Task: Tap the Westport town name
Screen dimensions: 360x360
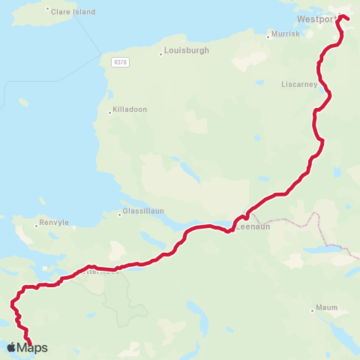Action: pyautogui.click(x=314, y=19)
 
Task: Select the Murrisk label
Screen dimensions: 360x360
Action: pyautogui.click(x=286, y=34)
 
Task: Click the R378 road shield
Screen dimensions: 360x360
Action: pyautogui.click(x=120, y=62)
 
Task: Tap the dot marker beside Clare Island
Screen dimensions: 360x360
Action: pyautogui.click(x=48, y=10)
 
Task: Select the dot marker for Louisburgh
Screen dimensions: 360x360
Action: pyautogui.click(x=161, y=53)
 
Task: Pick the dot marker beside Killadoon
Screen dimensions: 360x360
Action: pyautogui.click(x=110, y=112)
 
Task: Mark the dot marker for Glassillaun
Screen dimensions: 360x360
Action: pyautogui.click(x=119, y=215)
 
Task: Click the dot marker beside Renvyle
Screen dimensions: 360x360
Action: pyautogui.click(x=36, y=225)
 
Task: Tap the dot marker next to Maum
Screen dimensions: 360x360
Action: pyautogui.click(x=312, y=310)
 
